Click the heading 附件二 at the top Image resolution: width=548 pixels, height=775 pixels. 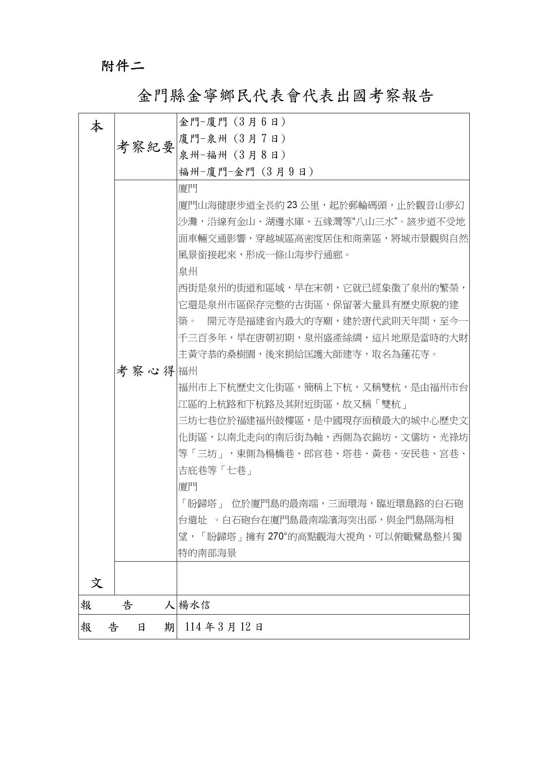pos(122,66)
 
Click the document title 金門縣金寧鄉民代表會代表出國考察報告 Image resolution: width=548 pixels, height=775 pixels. pos(285,96)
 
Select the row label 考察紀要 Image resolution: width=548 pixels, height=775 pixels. pos(145,147)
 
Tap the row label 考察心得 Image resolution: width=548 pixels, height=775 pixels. pos(145,371)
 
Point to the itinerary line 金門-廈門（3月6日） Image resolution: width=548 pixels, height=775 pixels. pos(232,122)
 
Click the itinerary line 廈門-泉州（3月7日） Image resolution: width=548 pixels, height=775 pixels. pos(232,139)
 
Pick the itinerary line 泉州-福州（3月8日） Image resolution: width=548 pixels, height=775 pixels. pos(232,155)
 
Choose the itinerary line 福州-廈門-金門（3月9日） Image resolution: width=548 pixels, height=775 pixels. pos(246,172)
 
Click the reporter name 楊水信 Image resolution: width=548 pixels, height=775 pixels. pos(194,605)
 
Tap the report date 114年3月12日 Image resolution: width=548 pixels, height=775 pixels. pos(224,627)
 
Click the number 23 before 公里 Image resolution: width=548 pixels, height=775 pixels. pos(292,205)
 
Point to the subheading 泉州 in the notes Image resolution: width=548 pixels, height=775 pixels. pos(188,271)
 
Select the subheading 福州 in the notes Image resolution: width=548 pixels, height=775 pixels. pos(188,371)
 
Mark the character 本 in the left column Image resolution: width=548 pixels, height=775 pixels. pos(97,127)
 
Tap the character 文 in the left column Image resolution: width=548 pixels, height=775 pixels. pos(97,583)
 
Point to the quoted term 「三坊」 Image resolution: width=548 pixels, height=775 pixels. pos(206,454)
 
